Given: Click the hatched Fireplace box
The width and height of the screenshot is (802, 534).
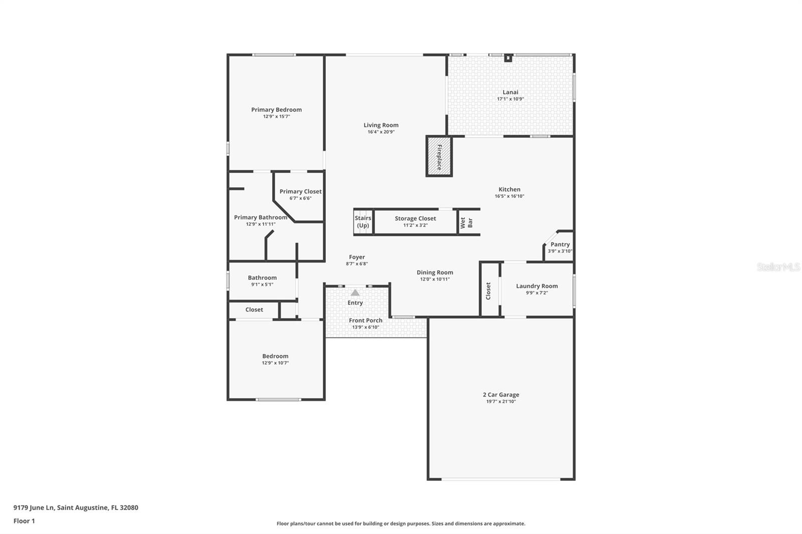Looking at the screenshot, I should coord(439,156).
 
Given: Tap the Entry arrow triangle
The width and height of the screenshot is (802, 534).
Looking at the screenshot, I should coord(355,293).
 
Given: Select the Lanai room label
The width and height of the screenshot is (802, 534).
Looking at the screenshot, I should coord(510,92).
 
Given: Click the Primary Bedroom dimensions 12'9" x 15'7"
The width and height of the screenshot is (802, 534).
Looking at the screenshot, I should coord(277,117).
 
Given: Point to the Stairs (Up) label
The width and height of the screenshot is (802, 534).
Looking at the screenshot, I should coord(363,222).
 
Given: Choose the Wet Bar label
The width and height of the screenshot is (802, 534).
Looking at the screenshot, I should coord(467,222).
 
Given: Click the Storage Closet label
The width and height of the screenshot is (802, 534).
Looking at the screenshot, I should coord(415,218).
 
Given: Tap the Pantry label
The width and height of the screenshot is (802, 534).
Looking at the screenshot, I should coord(560,244).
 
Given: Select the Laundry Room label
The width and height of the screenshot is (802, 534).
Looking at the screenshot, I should coord(537,286).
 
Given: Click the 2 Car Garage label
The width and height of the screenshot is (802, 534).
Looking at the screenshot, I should coord(501,395).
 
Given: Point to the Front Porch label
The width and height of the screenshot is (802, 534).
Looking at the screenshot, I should coord(365,321).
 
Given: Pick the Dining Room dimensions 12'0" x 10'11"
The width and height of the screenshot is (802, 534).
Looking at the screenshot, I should coord(435,280).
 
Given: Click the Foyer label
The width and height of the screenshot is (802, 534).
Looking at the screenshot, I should coord(357,257).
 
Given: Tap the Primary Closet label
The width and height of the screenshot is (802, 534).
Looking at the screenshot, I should coord(300,191).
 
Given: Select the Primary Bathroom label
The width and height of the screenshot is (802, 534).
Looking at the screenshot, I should coord(260,217).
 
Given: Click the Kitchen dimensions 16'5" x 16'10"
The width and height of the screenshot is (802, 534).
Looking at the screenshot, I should coord(509,196).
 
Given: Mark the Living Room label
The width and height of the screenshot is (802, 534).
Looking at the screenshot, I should coord(381,125).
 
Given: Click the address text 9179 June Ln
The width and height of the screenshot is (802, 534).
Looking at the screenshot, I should coord(34,507).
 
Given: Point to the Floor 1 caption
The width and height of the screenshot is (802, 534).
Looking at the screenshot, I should coord(24,521).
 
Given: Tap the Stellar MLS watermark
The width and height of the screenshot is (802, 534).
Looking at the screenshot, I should coord(778,267).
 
